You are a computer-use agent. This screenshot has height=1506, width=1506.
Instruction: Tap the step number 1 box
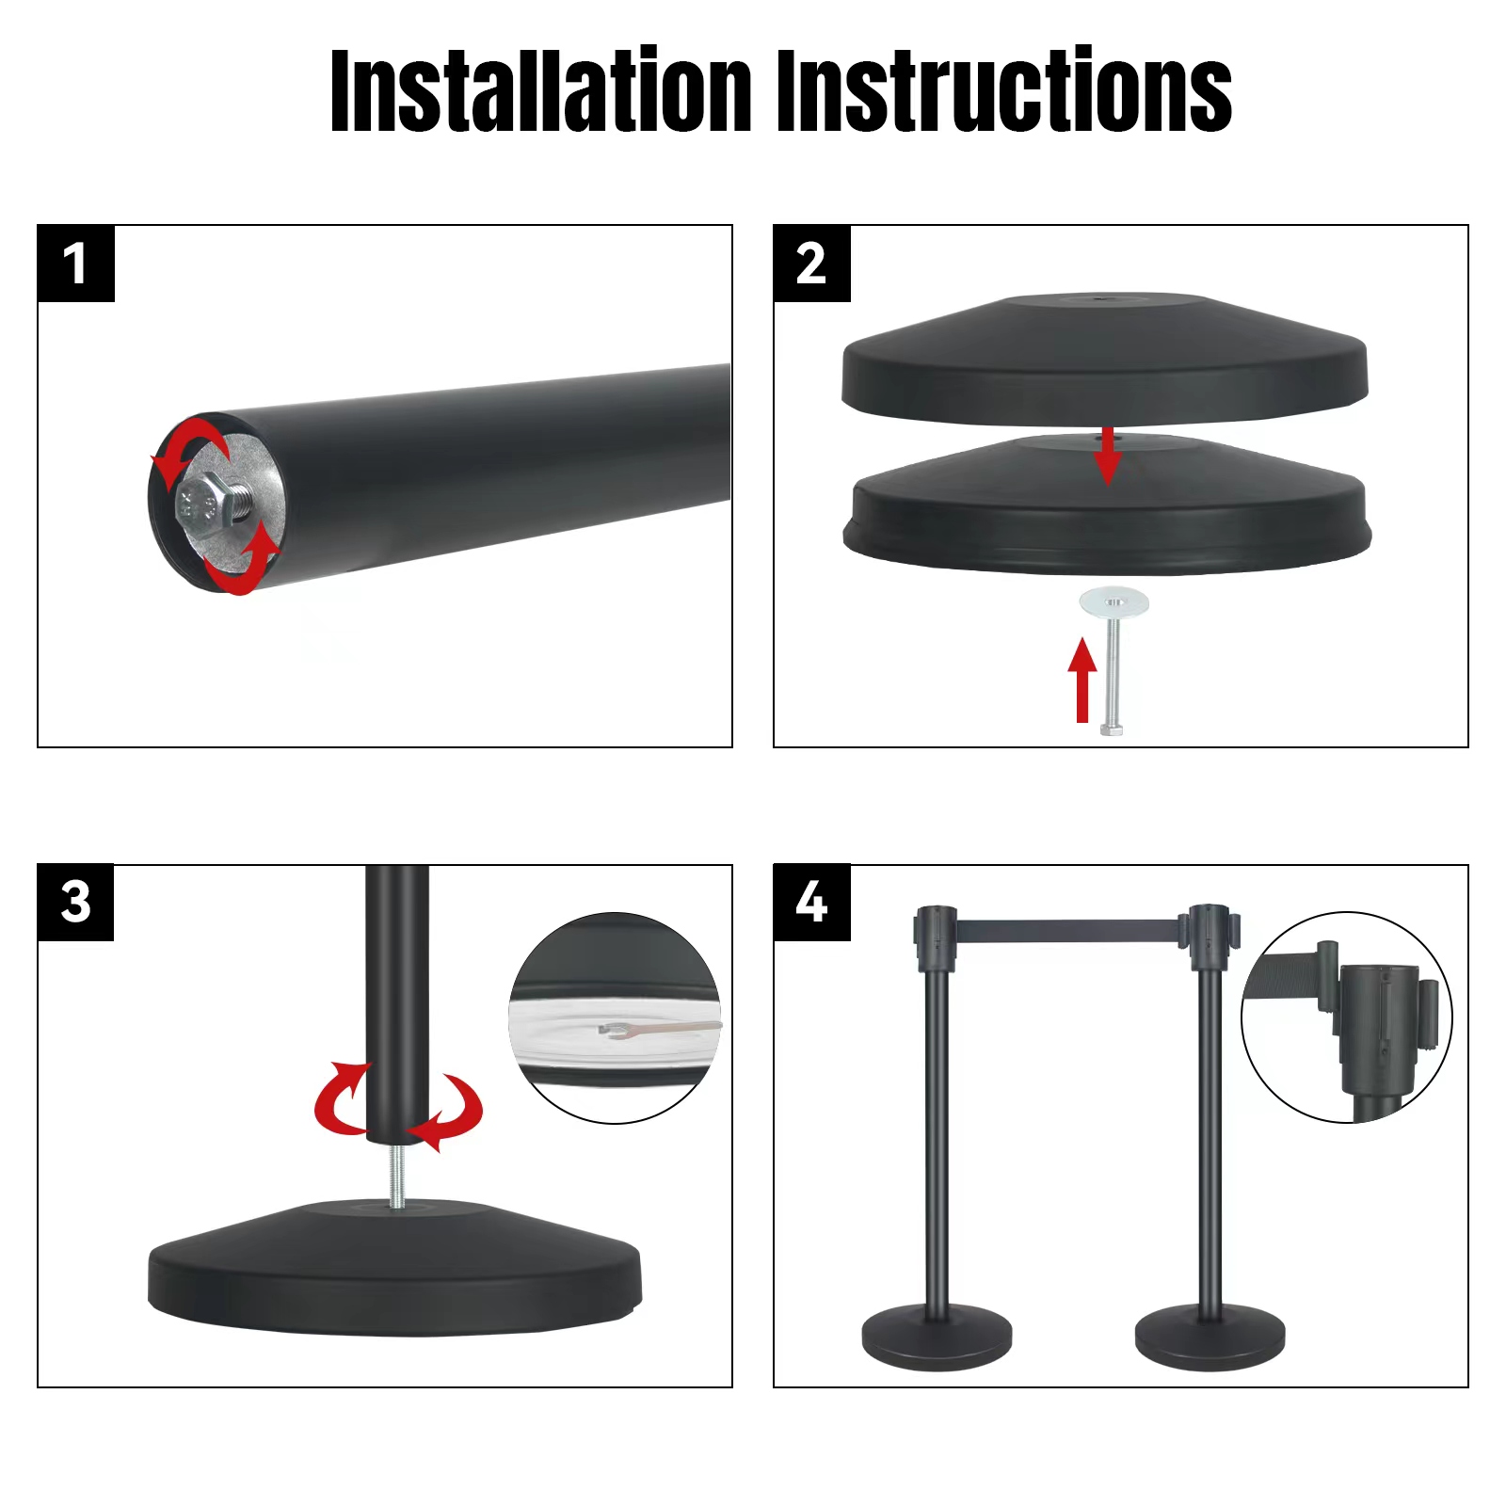(76, 264)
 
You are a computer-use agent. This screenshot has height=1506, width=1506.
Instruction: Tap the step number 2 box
(811, 264)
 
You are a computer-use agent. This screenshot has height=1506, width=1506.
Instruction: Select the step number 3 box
(76, 903)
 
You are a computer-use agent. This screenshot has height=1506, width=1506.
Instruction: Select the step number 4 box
(811, 903)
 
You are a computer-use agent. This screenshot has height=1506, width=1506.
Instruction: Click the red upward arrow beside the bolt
(1082, 680)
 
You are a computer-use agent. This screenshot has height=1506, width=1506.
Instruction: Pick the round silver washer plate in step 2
(1114, 601)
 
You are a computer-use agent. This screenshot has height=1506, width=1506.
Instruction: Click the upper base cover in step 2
(1104, 362)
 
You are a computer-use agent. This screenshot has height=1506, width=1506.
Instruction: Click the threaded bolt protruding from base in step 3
(399, 1175)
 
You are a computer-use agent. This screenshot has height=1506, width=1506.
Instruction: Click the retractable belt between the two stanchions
(1064, 930)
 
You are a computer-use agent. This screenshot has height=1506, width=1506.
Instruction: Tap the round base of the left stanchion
(937, 1337)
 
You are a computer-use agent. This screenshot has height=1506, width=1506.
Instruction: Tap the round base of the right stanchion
(1210, 1337)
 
